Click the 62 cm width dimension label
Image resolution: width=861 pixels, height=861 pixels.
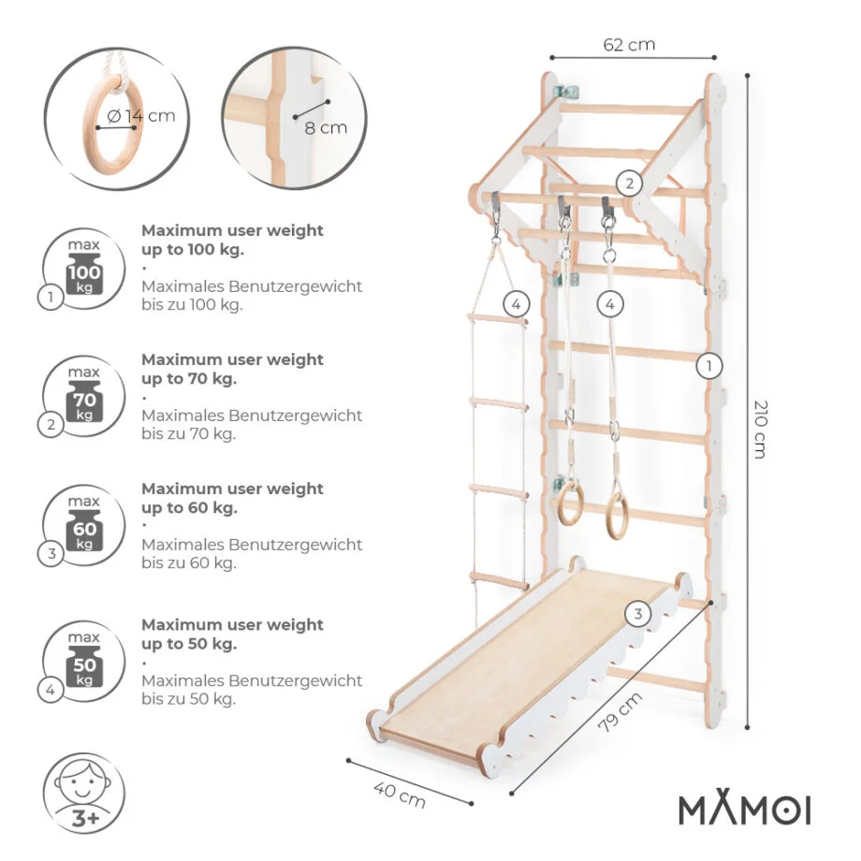(x=629, y=45)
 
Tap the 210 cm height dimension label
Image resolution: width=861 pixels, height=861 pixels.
(x=761, y=429)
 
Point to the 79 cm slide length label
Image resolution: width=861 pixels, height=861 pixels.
(x=620, y=711)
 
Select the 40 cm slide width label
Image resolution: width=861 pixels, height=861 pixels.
(x=400, y=795)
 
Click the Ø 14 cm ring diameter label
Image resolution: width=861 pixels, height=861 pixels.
(x=141, y=116)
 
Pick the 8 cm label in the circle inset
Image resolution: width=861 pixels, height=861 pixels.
(x=326, y=128)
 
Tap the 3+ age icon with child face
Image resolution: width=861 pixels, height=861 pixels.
(x=84, y=793)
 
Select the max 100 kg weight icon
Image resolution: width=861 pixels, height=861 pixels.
(x=84, y=269)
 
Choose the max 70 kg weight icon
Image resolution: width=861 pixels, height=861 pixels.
(x=84, y=397)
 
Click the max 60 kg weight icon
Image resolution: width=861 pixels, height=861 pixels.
(x=84, y=526)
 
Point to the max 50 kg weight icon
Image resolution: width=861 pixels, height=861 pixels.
(x=84, y=662)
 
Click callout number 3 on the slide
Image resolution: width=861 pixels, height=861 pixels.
(x=637, y=613)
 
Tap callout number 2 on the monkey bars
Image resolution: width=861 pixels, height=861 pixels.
(x=629, y=183)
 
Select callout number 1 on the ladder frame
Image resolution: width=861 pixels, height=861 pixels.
(x=708, y=366)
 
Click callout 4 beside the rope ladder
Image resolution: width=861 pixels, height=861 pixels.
(x=516, y=303)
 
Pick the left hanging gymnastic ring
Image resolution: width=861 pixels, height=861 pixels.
(x=568, y=503)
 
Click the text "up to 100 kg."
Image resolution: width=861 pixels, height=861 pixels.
(x=193, y=250)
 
